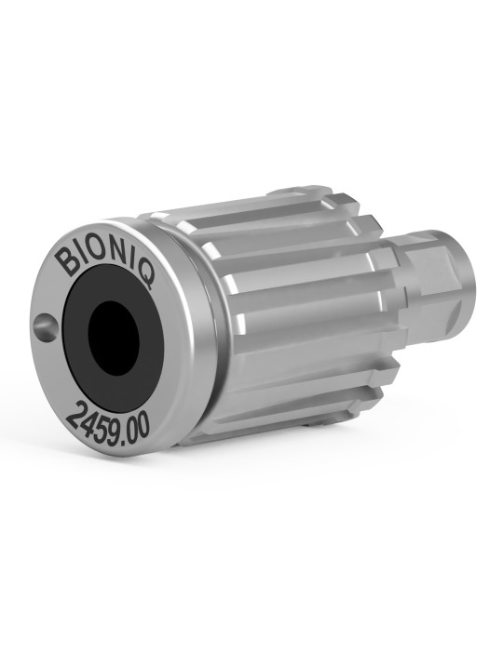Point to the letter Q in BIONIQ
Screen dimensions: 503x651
click(x=146, y=275)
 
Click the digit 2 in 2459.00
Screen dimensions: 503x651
click(x=75, y=416)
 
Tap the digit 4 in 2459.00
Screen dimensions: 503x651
click(x=91, y=422)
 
